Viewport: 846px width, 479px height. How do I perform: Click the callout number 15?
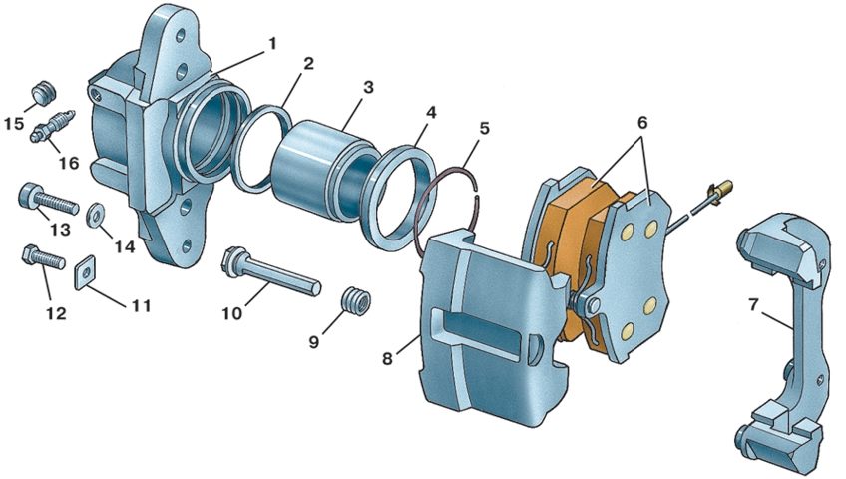[x=15, y=123]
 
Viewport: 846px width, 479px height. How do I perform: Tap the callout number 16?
[x=69, y=163]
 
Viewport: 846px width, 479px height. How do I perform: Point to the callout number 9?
[x=313, y=342]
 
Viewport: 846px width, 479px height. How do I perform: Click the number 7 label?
[x=754, y=305]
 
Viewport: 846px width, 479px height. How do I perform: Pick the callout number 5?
[x=484, y=129]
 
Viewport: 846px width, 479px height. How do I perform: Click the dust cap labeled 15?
[x=43, y=92]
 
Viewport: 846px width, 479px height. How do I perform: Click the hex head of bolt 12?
[x=31, y=253]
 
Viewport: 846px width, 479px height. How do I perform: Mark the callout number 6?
[x=642, y=122]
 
